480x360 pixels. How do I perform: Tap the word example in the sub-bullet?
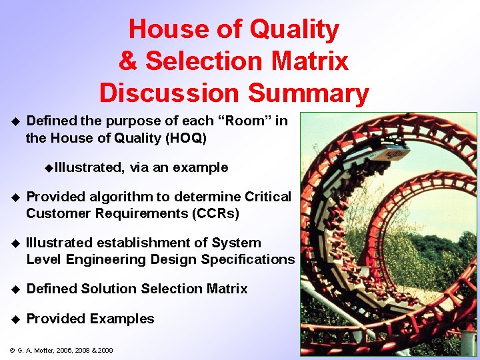200,167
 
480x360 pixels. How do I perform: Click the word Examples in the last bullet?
123,319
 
